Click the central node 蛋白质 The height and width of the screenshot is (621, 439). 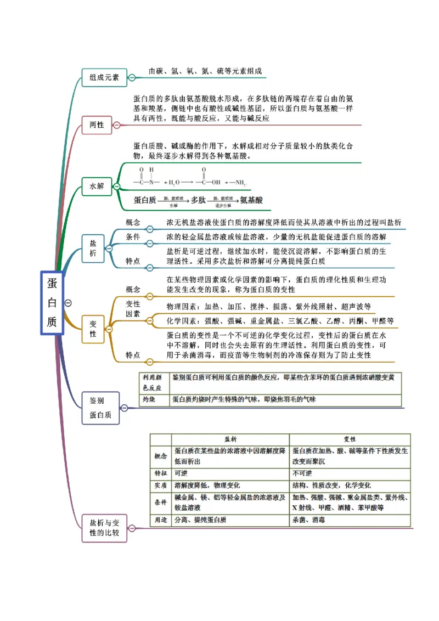(52, 302)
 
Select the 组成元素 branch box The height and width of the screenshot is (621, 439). (104, 77)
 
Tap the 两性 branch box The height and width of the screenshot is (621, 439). (97, 125)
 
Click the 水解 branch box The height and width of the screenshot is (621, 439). (97, 186)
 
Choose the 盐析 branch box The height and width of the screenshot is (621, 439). (93, 247)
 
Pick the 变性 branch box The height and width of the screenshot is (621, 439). (93, 329)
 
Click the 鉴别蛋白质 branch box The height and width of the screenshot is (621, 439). (100, 408)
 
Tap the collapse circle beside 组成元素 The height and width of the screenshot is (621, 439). (132, 77)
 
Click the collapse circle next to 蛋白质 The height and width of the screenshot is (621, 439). (68, 302)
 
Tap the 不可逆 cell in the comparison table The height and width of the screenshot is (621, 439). (302, 473)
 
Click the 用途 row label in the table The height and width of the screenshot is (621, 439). (161, 520)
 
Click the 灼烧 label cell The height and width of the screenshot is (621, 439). (149, 399)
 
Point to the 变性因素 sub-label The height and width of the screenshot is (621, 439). (133, 308)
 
